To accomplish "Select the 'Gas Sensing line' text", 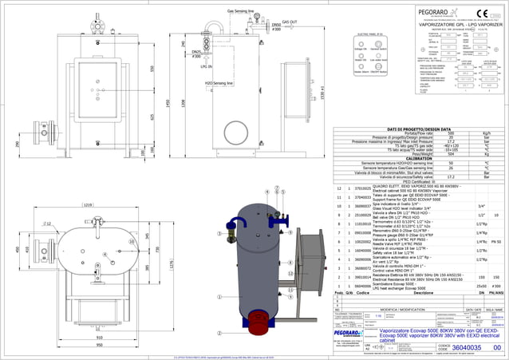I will (241, 12).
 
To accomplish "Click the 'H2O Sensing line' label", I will (219, 83).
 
